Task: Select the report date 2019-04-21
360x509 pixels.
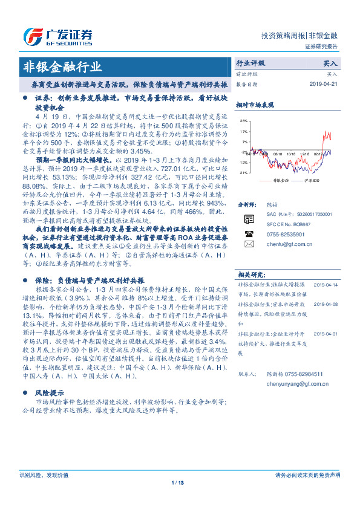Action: tap(324, 84)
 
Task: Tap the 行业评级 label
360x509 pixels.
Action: tap(250, 63)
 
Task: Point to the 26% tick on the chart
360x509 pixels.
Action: tap(243, 121)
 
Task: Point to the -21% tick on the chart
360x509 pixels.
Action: tap(243, 172)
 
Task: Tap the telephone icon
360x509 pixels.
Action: tap(249, 233)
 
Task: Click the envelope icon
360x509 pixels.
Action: tap(249, 244)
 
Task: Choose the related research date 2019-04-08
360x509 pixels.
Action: tap(327, 305)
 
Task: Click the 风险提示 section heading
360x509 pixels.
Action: tap(50, 392)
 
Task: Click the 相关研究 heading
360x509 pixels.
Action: tap(252, 275)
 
